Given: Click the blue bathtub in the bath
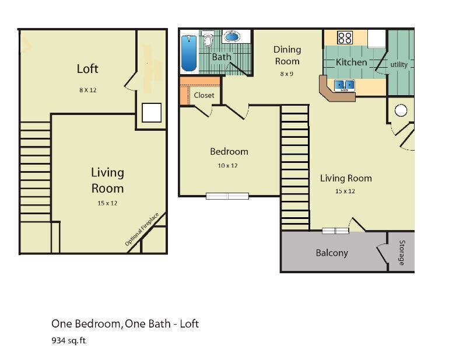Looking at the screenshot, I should (188, 53).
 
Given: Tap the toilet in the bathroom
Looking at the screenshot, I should (208, 40).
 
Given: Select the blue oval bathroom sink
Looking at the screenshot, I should (232, 37).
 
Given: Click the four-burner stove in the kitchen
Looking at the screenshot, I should (345, 38).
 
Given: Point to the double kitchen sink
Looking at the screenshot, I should (343, 85).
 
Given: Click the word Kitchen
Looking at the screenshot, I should (351, 62).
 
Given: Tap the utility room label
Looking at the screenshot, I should (399, 64).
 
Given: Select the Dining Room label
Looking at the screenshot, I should (287, 55).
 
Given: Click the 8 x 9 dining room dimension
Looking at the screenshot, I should (286, 74).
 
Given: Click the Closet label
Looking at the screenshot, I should (204, 95).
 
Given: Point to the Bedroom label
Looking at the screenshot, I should (229, 151).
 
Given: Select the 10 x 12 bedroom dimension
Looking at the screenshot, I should (229, 165).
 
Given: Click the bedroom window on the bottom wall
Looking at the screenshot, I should (227, 196).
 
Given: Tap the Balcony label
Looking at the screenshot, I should (332, 253).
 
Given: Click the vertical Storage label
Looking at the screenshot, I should (401, 252).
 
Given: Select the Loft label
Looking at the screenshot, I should (87, 68).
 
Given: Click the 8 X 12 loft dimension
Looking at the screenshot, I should (88, 90).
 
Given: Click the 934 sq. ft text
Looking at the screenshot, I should (68, 340).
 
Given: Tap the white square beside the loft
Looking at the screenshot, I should (152, 112).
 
